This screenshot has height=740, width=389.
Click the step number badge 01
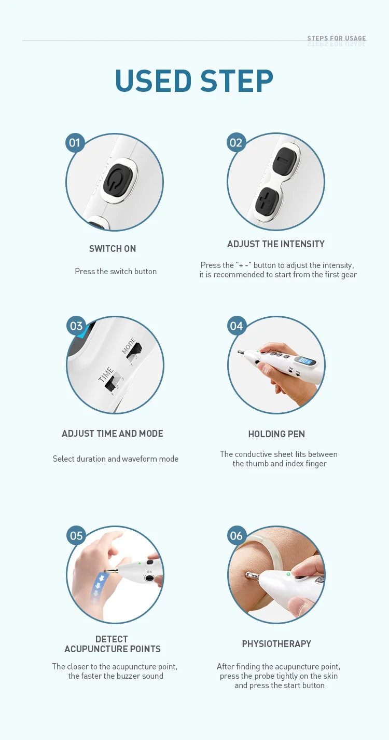[75, 142]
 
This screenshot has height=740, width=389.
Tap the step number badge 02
[236, 142]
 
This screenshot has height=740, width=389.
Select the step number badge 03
[76, 326]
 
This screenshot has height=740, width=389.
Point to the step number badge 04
[237, 326]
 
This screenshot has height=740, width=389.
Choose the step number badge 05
[76, 535]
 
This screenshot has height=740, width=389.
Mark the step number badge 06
[237, 535]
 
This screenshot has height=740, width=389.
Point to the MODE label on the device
[129, 346]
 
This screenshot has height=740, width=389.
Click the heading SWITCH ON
[113, 249]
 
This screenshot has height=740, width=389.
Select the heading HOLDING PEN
[276, 434]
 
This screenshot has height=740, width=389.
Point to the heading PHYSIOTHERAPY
[276, 644]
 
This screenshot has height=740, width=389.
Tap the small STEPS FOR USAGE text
[336, 38]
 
